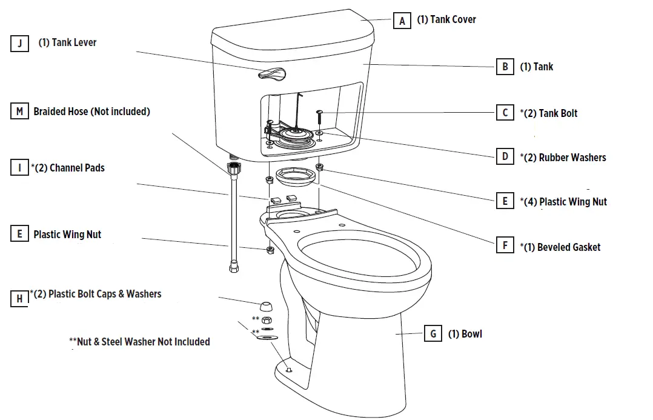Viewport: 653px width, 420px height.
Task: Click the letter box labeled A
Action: click(402, 21)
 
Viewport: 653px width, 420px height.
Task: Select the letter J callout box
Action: click(20, 44)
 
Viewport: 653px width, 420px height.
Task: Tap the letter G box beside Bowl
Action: click(433, 334)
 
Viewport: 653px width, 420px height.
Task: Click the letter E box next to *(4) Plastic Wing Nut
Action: click(505, 202)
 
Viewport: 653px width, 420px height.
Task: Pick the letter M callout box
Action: click(20, 112)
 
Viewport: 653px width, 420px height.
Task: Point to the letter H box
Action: click(20, 298)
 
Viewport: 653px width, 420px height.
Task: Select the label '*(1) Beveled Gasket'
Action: click(560, 247)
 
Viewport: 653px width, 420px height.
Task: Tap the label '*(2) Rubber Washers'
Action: click(563, 158)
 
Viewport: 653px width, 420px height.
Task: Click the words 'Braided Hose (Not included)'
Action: click(91, 112)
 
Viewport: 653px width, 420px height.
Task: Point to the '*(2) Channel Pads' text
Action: click(68, 168)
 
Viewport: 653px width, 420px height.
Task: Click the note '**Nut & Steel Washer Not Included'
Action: click(139, 342)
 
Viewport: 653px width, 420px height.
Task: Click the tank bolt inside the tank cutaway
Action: click(319, 117)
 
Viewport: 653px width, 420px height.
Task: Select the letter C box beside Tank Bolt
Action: click(505, 113)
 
